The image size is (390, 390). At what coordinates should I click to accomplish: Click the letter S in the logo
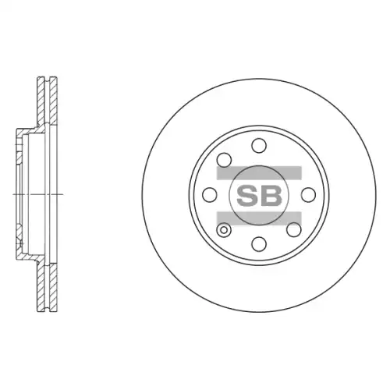(246, 196)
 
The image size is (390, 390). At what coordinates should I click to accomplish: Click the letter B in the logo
(271, 196)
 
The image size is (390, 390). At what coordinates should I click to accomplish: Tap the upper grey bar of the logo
(259, 172)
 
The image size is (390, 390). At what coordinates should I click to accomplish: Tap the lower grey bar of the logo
(259, 218)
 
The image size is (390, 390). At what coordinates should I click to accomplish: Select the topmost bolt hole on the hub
(259, 145)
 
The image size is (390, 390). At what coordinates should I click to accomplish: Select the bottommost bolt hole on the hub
(259, 244)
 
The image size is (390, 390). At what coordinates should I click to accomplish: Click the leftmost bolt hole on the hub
(210, 194)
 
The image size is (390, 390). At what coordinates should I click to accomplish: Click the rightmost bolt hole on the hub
(308, 194)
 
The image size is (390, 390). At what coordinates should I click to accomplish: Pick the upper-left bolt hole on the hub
(224, 160)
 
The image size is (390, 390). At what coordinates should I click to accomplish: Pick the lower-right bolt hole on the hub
(294, 229)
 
